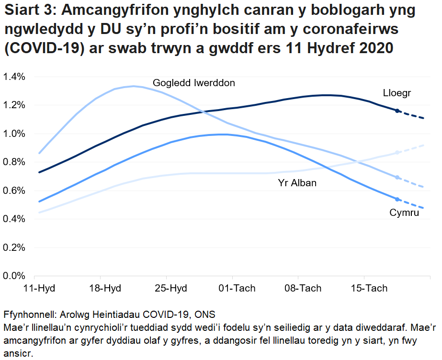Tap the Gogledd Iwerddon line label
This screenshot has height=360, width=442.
point(194,83)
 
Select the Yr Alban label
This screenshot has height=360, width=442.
point(297,183)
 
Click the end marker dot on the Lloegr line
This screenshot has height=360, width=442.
point(397,111)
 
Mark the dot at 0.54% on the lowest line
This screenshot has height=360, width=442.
point(397,199)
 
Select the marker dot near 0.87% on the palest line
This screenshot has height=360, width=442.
point(397,153)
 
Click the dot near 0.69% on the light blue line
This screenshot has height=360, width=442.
point(397,178)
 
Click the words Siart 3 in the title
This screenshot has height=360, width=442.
point(29,10)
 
